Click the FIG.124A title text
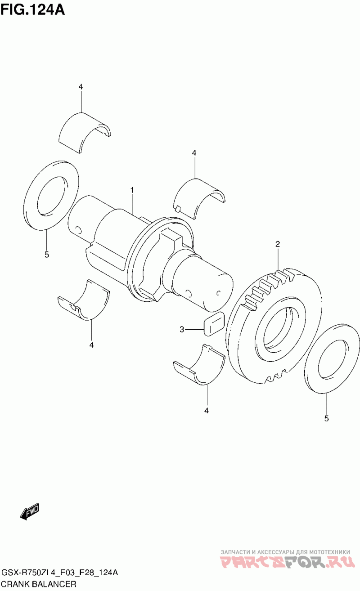(x=33, y=10)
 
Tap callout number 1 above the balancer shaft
(x=132, y=190)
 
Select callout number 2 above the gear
(x=277, y=244)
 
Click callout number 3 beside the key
(x=182, y=330)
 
